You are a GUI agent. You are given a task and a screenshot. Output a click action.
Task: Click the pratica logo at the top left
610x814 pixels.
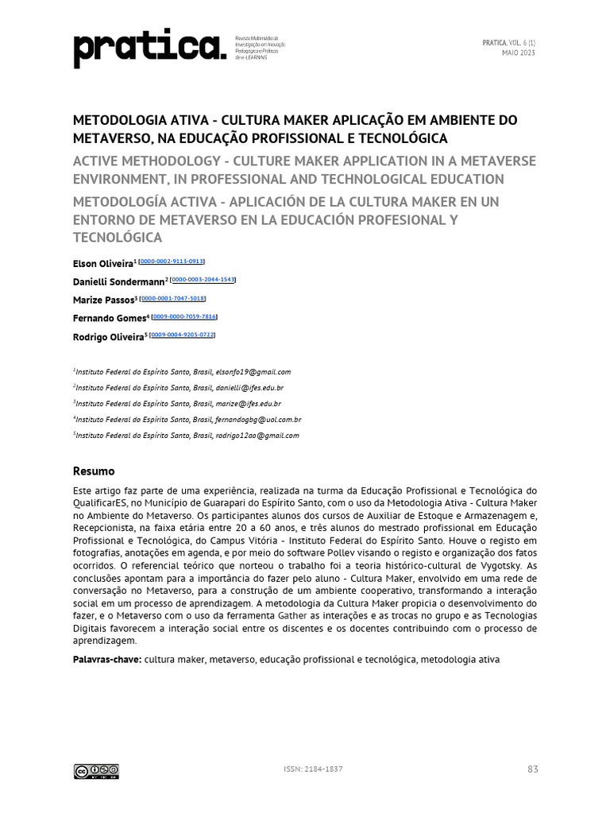pos(149,49)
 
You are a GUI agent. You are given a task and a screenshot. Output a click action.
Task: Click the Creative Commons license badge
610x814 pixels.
pos(96,770)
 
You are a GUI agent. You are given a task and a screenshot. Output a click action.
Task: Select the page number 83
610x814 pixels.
pos(532,769)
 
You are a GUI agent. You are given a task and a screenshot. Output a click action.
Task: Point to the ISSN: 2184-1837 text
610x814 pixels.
pos(313,769)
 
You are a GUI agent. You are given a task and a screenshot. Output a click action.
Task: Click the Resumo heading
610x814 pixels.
pos(94,471)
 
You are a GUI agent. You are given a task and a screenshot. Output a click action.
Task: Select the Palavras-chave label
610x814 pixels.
pos(107,660)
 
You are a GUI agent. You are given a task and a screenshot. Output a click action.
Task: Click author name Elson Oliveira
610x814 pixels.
pos(103,263)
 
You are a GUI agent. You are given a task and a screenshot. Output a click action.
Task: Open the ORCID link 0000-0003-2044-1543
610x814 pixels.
pos(204,280)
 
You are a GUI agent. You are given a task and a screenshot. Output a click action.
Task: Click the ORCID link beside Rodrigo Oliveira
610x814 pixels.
pos(183,335)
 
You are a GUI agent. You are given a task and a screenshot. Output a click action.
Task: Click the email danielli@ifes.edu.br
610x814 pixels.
pos(249,387)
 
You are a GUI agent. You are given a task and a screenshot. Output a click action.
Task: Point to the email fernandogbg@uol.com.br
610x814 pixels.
pos(258,419)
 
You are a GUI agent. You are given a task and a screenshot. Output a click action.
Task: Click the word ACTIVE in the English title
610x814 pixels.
pos(98,161)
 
